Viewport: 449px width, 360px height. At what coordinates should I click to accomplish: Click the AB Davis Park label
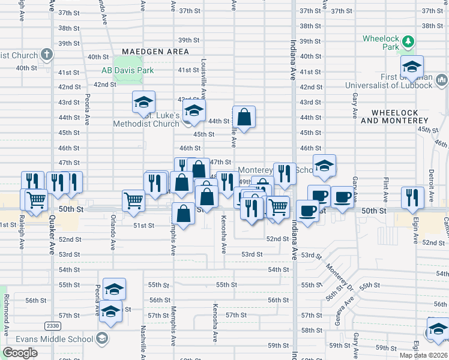[x=127, y=70]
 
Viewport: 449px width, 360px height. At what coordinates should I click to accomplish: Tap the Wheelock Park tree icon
[x=408, y=41]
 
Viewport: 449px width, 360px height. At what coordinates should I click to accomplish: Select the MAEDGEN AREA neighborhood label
[x=155, y=52]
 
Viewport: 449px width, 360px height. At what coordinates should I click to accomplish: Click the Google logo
[x=20, y=353]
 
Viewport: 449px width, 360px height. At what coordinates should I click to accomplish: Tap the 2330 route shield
[x=52, y=325]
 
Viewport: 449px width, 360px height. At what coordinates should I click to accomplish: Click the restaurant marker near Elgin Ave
[x=412, y=197]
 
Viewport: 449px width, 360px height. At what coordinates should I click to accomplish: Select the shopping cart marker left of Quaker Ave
[x=37, y=199]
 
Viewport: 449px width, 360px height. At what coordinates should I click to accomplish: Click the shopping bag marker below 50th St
[x=183, y=214]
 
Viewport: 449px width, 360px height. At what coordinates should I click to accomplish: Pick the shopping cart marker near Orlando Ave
[x=133, y=201]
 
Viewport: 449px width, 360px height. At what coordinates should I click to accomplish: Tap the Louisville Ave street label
[x=204, y=79]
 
